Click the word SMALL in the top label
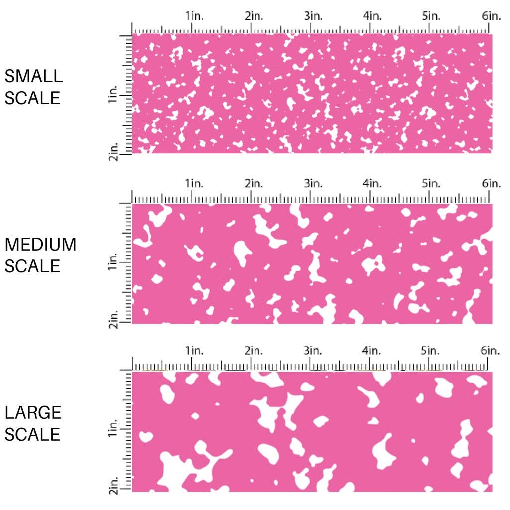pos(34,76)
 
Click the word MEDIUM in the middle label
pos(40,245)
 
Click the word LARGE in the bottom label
pos(33,412)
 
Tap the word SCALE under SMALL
pos(32,98)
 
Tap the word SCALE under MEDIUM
pos(32,266)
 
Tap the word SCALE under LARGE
pos(32,434)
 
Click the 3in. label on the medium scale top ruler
pos(313,184)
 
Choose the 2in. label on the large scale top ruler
pos(254,351)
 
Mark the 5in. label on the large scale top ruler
pos(431,351)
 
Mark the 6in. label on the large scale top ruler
pos(491,351)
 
